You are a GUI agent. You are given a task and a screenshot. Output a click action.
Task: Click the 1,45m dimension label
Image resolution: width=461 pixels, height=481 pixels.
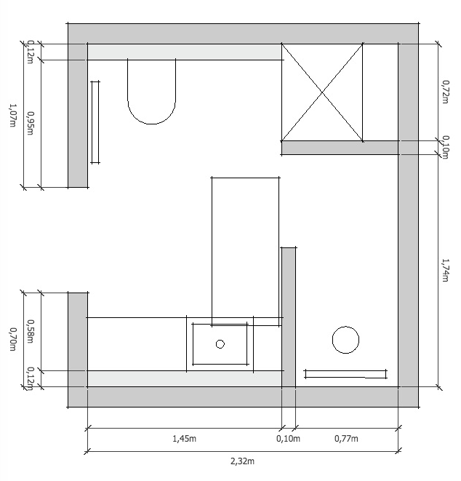point(184,439)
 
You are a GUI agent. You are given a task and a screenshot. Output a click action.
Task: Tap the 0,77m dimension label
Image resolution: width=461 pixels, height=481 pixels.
point(346,439)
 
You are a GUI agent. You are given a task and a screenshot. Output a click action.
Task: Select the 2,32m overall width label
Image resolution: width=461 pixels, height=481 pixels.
point(242,461)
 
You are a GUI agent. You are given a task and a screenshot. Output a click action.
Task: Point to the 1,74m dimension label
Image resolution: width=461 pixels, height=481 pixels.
point(445,270)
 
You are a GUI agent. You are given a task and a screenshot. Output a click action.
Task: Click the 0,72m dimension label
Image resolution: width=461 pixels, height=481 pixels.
point(445,92)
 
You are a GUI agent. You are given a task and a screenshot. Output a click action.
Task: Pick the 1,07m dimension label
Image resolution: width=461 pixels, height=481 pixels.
point(12,116)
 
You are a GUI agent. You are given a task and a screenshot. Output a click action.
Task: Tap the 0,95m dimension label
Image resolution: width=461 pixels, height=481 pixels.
point(31,123)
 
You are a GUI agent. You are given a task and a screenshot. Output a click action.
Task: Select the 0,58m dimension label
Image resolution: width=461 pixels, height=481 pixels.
point(31,332)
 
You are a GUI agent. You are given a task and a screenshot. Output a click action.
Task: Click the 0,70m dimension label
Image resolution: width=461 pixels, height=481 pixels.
point(12,339)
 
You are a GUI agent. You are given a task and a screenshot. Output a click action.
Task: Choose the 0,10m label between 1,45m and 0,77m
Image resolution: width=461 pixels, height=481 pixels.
point(288,439)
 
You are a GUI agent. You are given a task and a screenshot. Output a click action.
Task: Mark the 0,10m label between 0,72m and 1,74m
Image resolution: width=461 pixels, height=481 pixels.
point(445,148)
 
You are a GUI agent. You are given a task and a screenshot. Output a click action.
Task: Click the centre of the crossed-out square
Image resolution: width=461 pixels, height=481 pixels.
point(322,92)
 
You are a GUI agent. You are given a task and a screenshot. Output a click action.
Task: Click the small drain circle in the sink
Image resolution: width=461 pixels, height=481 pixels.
point(220,344)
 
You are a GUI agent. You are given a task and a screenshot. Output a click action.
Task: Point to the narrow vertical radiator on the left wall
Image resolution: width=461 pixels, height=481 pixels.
point(95,122)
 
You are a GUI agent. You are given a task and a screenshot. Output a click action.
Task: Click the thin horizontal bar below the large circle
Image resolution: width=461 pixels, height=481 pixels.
point(346,374)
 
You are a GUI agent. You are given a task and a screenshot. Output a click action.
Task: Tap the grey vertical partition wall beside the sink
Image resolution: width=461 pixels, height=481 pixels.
point(289,317)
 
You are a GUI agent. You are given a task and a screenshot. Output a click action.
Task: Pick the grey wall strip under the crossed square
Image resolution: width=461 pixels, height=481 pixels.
point(340,148)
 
